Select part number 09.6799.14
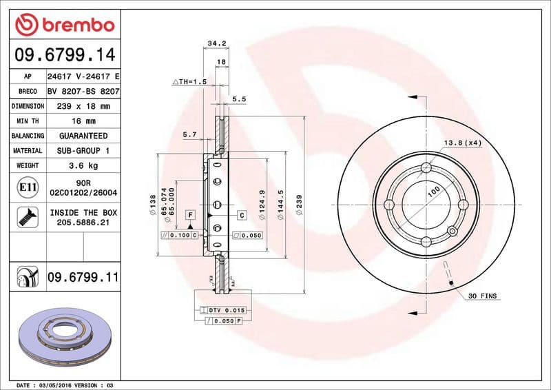pyautogui.click(x=63, y=54)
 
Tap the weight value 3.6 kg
pyautogui.click(x=83, y=165)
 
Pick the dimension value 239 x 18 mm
pyautogui.click(x=83, y=107)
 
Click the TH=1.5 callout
pyautogui.click(x=189, y=81)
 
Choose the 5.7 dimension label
pyautogui.click(x=190, y=135)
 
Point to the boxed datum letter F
pyautogui.click(x=189, y=216)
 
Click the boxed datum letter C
pyautogui.click(x=242, y=216)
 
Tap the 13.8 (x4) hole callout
pyautogui.click(x=461, y=143)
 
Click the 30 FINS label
pyautogui.click(x=482, y=296)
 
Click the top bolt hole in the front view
pyautogui.click(x=426, y=167)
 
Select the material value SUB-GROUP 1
pyautogui.click(x=83, y=150)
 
